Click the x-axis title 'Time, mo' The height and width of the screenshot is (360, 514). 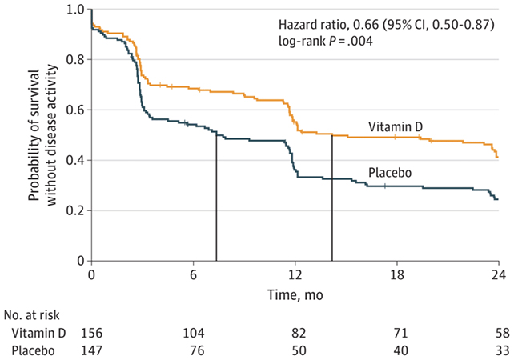(x=295, y=294)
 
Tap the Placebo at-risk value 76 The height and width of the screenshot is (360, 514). (x=193, y=349)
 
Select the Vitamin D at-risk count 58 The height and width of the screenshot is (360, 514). (x=498, y=331)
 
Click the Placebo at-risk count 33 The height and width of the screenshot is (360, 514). (x=498, y=349)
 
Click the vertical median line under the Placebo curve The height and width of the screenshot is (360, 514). (x=216, y=200)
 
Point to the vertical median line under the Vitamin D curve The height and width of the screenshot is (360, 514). (x=331, y=200)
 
